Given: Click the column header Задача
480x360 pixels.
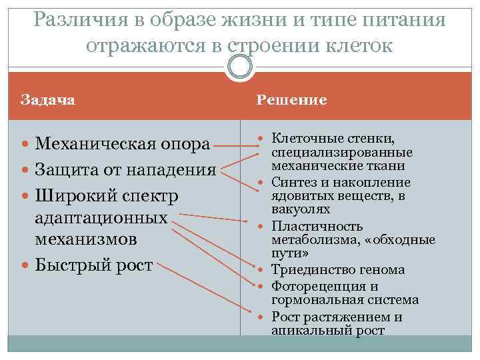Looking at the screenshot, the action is coord(48,100).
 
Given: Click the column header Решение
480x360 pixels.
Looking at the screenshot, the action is coord(292,100).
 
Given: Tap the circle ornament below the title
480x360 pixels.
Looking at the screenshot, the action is coord(240,66).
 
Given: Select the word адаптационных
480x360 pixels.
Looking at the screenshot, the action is coord(101,217).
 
